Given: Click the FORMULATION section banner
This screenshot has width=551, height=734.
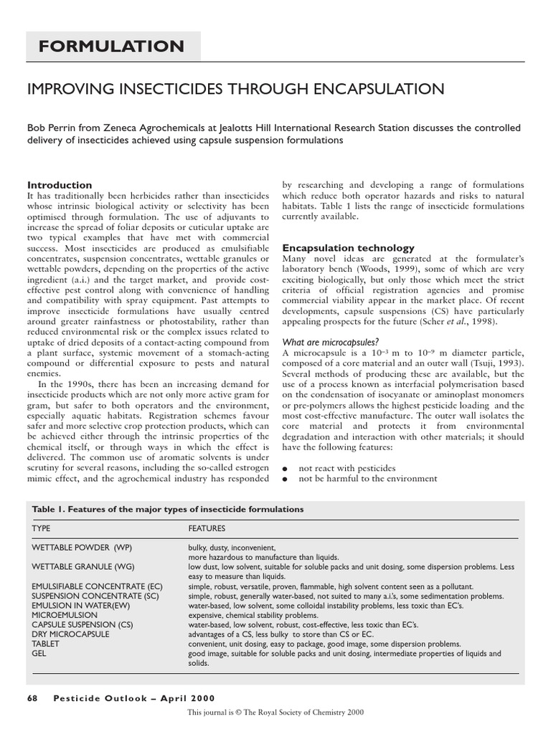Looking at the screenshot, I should coord(111,47).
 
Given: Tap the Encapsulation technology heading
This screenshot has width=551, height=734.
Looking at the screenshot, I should coord(348,247).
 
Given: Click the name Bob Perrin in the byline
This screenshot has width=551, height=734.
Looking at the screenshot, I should coord(51,128).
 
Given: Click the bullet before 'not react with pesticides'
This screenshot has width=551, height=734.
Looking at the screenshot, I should coord(286,468).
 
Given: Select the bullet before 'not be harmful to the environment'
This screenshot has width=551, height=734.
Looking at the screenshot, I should coord(286,478).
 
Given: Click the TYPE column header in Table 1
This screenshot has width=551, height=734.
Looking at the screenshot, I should coord(42,528).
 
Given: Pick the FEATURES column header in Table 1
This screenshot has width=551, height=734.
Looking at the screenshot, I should coord(207,528).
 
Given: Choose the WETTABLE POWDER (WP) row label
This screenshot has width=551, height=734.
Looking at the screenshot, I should coord(82,547).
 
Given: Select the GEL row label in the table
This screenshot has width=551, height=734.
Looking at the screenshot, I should coord(39,654).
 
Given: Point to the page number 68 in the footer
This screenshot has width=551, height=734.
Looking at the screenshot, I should coord(32,698).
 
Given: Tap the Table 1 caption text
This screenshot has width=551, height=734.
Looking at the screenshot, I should coord(168,509).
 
